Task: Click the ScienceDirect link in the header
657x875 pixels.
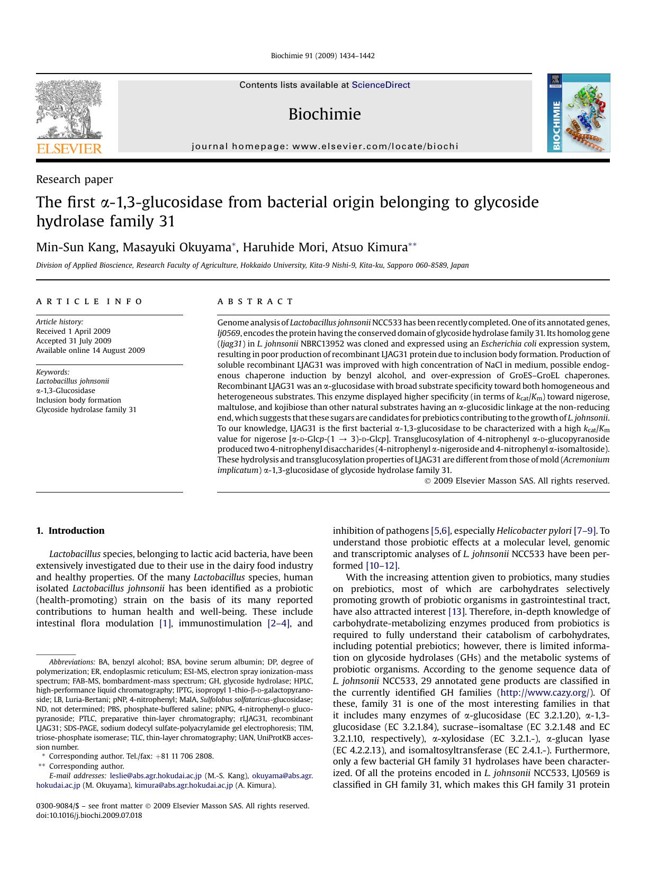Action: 381,85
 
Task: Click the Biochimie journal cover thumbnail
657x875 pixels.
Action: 578,113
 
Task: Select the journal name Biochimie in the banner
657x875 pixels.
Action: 325,114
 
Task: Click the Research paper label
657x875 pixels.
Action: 74,179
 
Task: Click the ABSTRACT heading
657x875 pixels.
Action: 255,302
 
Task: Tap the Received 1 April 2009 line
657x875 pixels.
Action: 73,331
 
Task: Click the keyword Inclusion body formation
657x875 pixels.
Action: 78,400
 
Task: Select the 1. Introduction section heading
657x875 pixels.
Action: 70,531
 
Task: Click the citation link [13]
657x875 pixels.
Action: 456,612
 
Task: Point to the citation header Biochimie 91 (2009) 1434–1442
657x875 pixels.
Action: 322,56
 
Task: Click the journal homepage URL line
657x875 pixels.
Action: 325,147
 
